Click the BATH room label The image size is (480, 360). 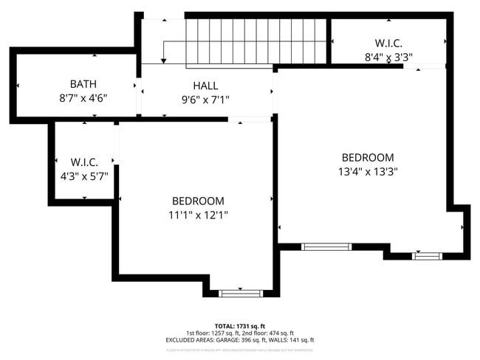(x=83, y=84)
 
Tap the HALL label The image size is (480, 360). (x=205, y=86)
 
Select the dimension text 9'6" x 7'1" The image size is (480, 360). (x=205, y=99)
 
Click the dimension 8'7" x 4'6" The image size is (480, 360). (x=83, y=97)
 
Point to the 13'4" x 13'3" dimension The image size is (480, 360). (x=367, y=171)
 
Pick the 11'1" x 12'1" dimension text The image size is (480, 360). (x=198, y=215)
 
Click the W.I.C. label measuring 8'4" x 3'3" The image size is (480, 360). (x=388, y=43)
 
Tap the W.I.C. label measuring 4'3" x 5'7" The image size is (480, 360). (x=84, y=162)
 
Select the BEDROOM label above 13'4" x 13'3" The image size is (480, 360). (x=367, y=157)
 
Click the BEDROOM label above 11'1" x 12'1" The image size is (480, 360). (x=198, y=201)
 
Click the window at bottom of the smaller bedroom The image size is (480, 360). (x=241, y=293)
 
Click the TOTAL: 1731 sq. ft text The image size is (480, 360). (x=239, y=325)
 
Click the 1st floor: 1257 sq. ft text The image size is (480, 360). (x=212, y=333)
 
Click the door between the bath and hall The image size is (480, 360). (x=138, y=99)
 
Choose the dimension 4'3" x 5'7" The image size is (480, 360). (x=84, y=176)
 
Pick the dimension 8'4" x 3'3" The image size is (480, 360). (x=388, y=56)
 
